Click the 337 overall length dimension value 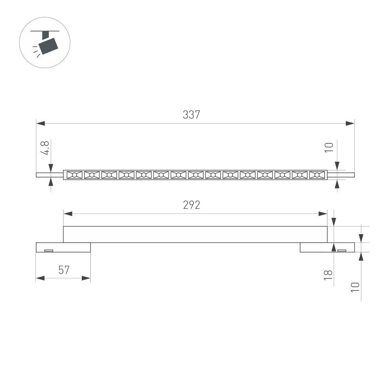191,115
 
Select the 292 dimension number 191,205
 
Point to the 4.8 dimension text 45,149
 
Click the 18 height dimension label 329,275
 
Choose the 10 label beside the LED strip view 329,147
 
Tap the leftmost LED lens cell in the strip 74,175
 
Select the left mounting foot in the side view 63,248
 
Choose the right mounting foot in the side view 327,248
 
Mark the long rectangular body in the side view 195,234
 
